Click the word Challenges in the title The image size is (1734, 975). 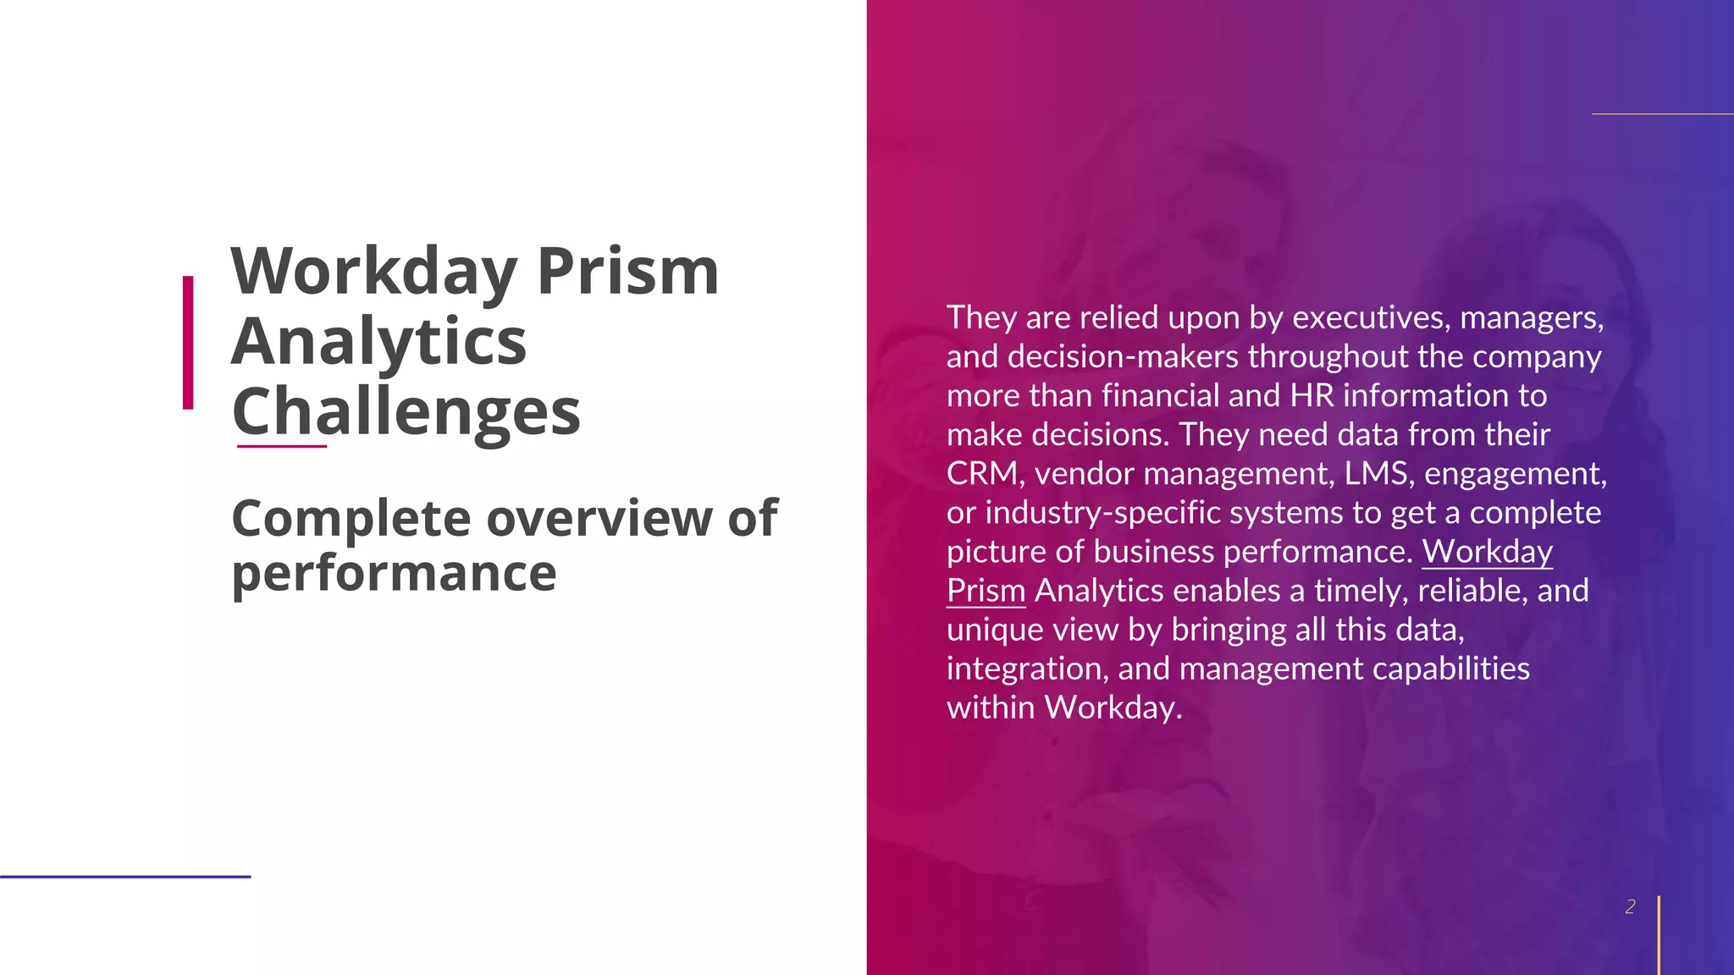pyautogui.click(x=406, y=411)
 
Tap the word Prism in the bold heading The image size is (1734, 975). pyautogui.click(x=627, y=272)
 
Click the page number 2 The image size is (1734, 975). pyautogui.click(x=1630, y=906)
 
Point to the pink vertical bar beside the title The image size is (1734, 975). pyautogui.click(x=188, y=343)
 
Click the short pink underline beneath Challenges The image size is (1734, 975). pyautogui.click(x=281, y=445)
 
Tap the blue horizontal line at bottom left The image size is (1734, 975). pyautogui.click(x=125, y=877)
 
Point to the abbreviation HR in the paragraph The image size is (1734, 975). pyautogui.click(x=1312, y=395)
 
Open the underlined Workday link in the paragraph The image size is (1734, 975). pyautogui.click(x=1487, y=551)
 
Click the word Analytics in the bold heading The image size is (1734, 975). pyautogui.click(x=378, y=341)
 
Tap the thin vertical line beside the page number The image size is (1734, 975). pyautogui.click(x=1659, y=934)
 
